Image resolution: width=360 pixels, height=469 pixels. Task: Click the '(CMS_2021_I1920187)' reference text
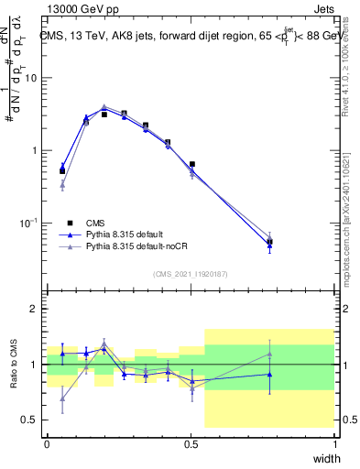[x=191, y=272]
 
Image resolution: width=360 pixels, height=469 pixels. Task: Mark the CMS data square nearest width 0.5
[x=191, y=165]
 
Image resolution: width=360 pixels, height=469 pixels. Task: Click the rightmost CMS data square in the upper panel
[x=269, y=242]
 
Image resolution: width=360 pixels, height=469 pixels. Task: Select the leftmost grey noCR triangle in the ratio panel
[x=62, y=398]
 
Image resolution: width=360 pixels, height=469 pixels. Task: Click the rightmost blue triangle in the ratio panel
[x=269, y=374]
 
